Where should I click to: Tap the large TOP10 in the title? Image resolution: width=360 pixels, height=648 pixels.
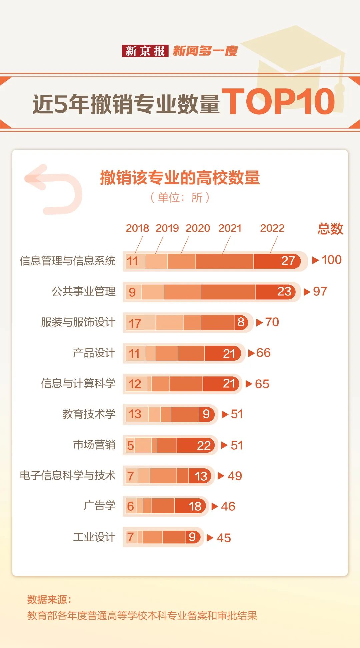click(279, 102)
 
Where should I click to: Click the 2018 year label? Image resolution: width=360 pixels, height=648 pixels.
click(137, 228)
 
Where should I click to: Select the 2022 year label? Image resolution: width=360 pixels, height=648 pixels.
click(272, 228)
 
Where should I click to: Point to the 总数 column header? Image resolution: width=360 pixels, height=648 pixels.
click(330, 229)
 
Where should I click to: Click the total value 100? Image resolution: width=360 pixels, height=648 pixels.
click(331, 260)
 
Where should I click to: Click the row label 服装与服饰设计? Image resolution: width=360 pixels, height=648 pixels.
click(78, 322)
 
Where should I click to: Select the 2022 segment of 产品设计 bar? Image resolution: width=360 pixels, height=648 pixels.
click(223, 353)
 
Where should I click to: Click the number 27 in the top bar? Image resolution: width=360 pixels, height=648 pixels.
click(288, 261)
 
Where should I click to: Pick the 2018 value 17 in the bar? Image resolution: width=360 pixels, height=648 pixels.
click(135, 323)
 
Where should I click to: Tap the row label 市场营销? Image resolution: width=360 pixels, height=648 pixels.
click(94, 445)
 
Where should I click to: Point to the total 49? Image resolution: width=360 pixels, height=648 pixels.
click(235, 476)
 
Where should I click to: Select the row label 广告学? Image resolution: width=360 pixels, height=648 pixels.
click(99, 506)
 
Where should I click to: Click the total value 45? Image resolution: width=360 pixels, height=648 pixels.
click(223, 538)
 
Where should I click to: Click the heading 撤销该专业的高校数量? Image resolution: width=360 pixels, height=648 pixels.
click(180, 177)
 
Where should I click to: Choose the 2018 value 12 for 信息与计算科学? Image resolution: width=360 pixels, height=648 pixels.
click(135, 384)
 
